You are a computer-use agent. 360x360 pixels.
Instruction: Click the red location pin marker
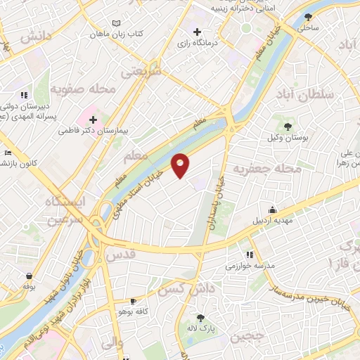pos(181,165)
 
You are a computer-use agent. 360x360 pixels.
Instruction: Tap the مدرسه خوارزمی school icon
pos(249,255)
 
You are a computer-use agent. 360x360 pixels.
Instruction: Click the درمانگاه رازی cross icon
pos(197,32)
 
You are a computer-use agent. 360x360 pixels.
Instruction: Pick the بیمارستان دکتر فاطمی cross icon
pos(93,120)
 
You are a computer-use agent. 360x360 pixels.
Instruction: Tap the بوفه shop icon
pos(29,276)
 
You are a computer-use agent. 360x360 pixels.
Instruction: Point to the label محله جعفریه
pos(267,169)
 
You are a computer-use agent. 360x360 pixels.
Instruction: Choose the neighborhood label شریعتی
pos(141,71)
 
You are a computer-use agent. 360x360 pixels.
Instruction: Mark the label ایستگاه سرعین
pos(64,210)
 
